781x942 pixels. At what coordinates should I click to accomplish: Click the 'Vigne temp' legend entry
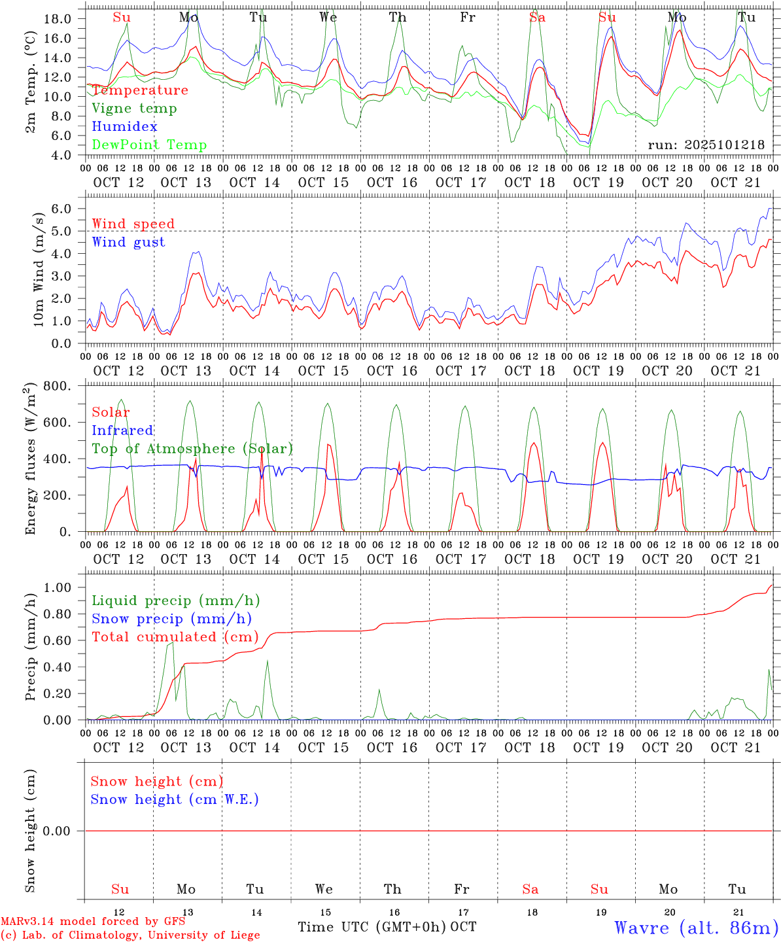click(134, 109)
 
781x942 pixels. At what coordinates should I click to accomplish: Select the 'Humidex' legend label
click(124, 127)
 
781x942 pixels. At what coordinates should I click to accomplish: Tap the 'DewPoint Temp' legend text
click(149, 145)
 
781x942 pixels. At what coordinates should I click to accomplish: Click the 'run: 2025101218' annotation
click(706, 145)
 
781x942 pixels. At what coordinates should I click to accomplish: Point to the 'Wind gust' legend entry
click(128, 242)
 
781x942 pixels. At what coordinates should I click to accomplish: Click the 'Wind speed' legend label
click(133, 224)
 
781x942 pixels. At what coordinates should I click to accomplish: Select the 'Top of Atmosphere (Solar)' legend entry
click(192, 449)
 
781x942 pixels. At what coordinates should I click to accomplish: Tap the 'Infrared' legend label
click(122, 430)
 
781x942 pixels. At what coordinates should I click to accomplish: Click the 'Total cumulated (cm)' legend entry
click(175, 637)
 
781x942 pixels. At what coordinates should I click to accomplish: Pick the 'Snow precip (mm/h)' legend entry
click(171, 619)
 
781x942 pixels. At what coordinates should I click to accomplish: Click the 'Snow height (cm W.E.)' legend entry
click(175, 799)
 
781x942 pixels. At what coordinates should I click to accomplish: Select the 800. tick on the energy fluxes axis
click(58, 387)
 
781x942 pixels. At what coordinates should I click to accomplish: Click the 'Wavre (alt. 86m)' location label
click(696, 928)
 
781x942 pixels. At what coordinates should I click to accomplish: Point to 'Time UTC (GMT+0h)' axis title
click(372, 927)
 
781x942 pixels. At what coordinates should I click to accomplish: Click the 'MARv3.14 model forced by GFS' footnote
click(93, 922)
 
